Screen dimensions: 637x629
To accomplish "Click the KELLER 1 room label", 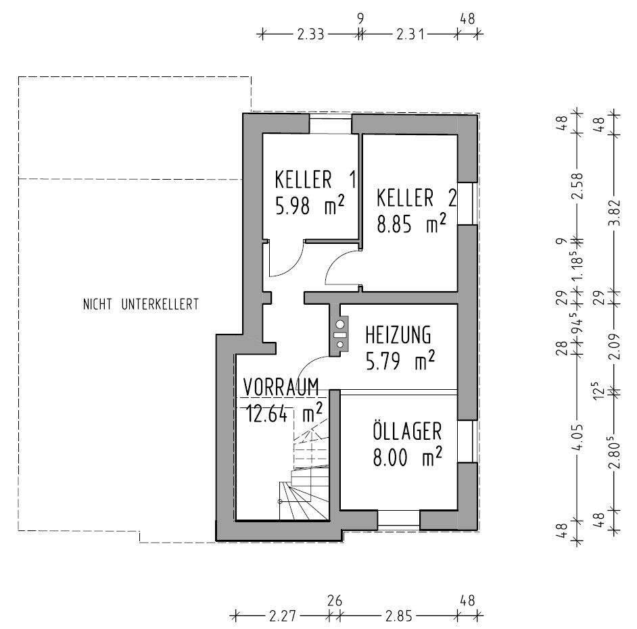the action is point(316,180).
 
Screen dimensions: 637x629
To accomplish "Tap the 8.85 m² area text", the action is point(412,224).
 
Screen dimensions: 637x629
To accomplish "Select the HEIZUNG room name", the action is point(398,335).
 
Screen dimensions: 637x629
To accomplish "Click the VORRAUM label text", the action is point(281,386).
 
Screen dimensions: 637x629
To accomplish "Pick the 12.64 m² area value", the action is point(285,413).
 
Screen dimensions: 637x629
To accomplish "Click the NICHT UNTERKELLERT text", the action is point(141,304).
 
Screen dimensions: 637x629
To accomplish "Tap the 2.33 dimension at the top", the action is point(311,34).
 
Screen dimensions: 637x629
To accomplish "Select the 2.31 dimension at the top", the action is point(410,34).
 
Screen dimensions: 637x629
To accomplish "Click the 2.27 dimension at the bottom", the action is point(283,616).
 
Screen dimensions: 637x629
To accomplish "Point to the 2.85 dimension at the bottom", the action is point(399,616).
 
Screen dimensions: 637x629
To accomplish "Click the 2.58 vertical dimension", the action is point(577,185).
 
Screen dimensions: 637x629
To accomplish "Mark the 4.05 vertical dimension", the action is point(577,436).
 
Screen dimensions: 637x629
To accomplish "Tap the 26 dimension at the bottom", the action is point(334,601).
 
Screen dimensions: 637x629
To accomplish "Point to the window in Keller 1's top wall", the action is point(331,124).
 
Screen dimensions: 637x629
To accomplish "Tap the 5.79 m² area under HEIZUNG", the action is point(400,361).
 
